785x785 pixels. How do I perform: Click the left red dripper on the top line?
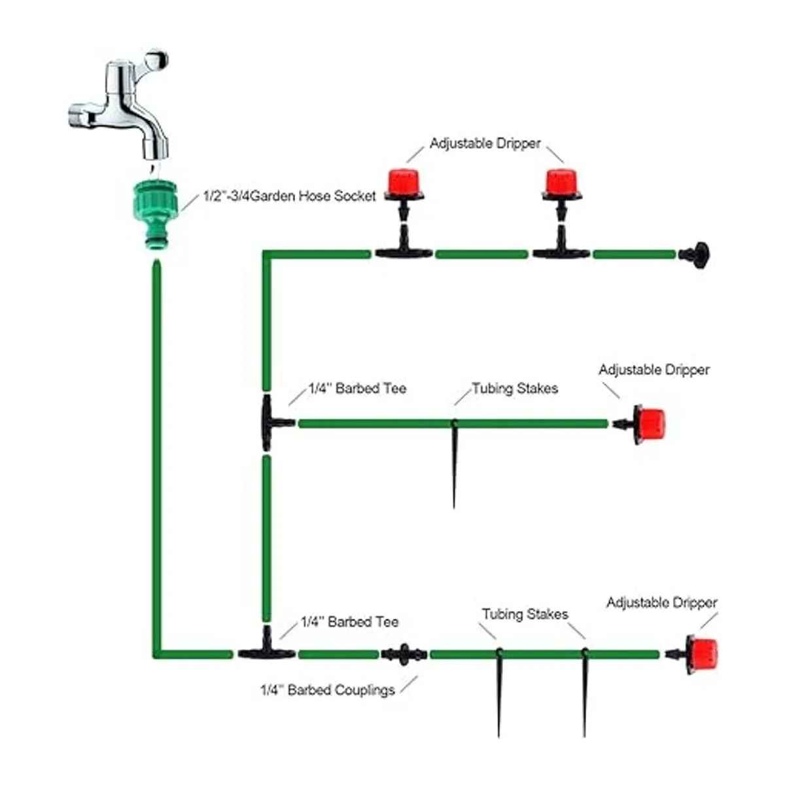tap(402, 183)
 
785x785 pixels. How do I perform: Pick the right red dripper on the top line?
tap(561, 183)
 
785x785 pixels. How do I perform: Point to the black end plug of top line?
tap(695, 254)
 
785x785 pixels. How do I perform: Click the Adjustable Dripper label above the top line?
tap(485, 143)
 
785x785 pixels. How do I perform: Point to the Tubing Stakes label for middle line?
tap(515, 389)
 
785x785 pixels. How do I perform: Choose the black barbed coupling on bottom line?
tap(404, 654)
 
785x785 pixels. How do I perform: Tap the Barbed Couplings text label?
tap(328, 690)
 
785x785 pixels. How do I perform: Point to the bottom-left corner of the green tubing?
tap(157, 654)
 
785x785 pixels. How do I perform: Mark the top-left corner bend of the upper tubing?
tap(266, 254)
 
